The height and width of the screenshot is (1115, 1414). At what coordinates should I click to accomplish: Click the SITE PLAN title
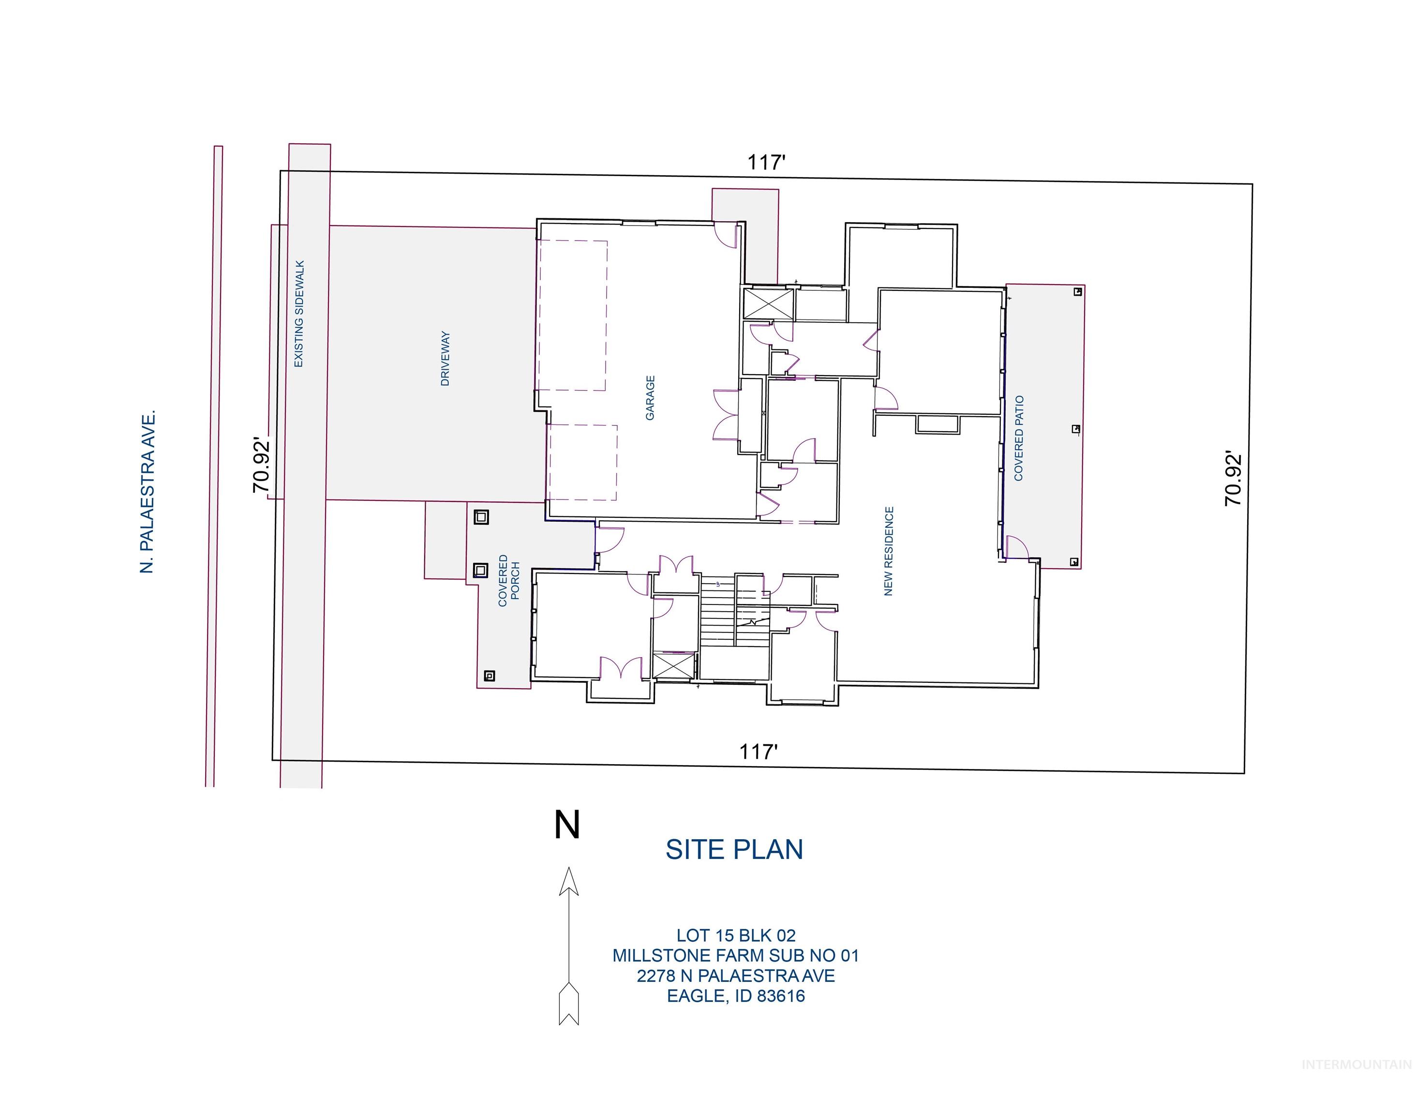coord(733,849)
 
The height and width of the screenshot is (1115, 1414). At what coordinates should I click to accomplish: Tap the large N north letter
coord(566,825)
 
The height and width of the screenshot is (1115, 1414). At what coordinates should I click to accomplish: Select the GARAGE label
coord(650,398)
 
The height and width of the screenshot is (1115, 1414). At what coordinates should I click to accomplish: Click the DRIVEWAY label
coord(446,359)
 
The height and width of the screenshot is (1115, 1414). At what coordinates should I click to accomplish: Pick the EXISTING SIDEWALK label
coord(299,314)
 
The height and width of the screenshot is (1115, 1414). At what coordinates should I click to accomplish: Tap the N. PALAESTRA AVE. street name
coord(148,492)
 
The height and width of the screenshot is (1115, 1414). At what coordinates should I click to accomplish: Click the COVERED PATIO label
coord(1019,438)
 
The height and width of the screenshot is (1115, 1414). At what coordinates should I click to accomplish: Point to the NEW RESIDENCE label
coord(888,551)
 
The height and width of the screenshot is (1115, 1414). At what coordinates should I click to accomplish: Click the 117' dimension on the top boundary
coord(766,162)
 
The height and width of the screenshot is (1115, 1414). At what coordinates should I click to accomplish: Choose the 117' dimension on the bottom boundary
coord(758,752)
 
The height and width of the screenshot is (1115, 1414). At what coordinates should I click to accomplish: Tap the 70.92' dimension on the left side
coord(262,467)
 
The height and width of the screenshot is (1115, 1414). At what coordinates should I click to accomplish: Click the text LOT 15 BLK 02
coord(735,935)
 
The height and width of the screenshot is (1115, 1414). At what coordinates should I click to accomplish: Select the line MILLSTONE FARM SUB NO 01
coord(735,956)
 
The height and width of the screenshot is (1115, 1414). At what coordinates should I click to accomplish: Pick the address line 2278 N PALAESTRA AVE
coord(735,976)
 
